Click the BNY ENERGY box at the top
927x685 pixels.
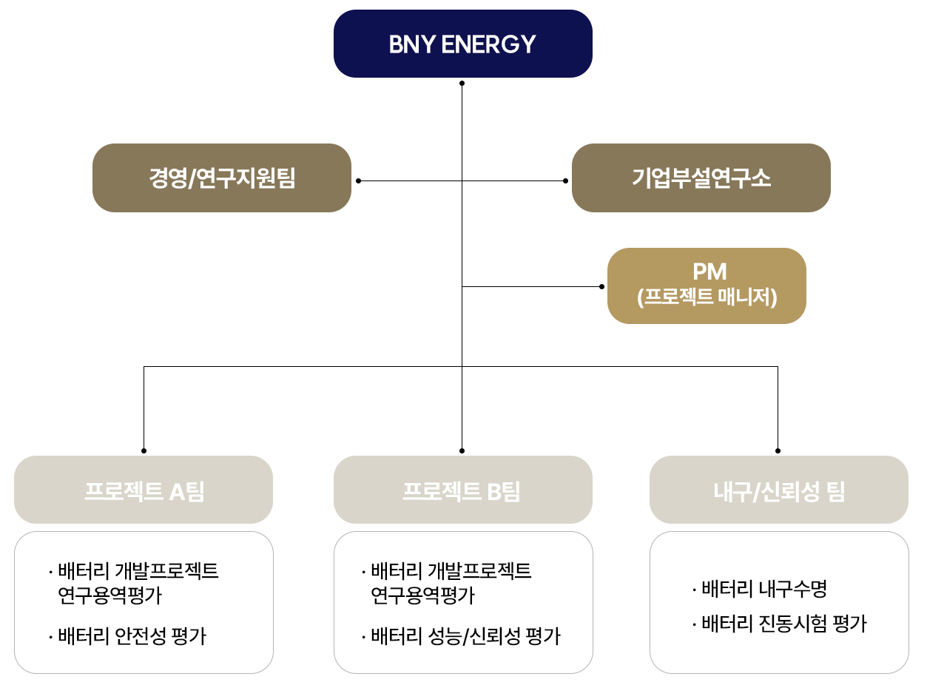pyautogui.click(x=462, y=44)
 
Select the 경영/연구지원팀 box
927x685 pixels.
pyautogui.click(x=221, y=178)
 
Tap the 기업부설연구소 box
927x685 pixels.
pyautogui.click(x=701, y=178)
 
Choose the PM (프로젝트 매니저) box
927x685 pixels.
pyautogui.click(x=707, y=286)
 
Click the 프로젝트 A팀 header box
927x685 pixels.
pyautogui.click(x=144, y=490)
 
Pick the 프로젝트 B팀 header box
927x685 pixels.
pyautogui.click(x=462, y=490)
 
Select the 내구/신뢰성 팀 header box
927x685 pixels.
pyautogui.click(x=778, y=490)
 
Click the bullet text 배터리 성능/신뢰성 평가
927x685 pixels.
pyautogui.click(x=465, y=635)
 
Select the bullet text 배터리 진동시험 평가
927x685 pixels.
pyautogui.click(x=783, y=624)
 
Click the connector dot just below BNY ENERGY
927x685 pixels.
pyautogui.click(x=462, y=84)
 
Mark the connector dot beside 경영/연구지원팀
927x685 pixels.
pyautogui.click(x=359, y=180)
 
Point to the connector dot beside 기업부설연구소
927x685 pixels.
pyautogui.click(x=566, y=180)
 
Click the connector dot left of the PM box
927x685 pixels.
pyautogui.click(x=601, y=286)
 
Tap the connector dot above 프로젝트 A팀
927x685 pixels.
pyautogui.click(x=144, y=450)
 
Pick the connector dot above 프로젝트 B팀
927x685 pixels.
pyautogui.click(x=462, y=450)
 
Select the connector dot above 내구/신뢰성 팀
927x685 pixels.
pyautogui.click(x=778, y=450)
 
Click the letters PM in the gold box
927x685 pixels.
pyautogui.click(x=709, y=272)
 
